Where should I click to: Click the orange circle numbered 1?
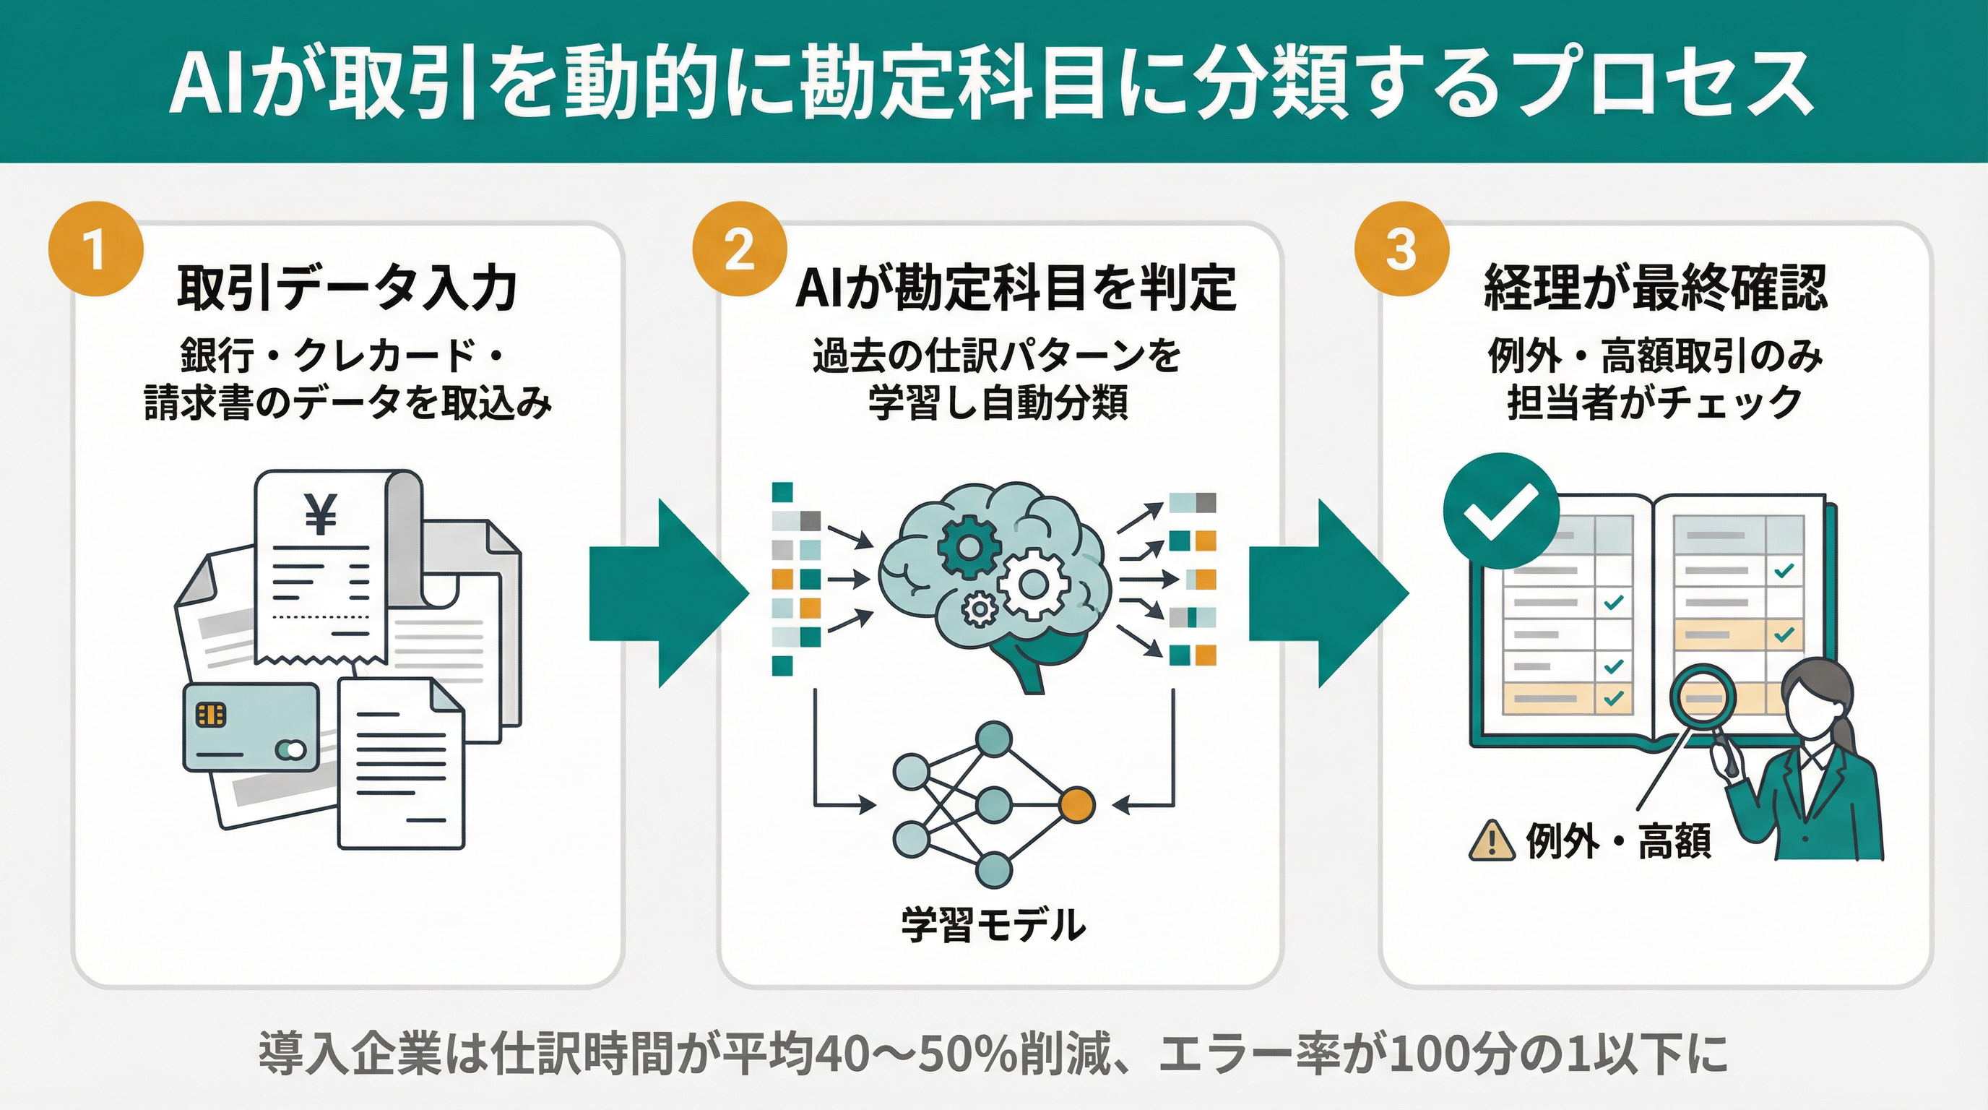pos(95,249)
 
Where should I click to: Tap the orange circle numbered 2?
pos(739,249)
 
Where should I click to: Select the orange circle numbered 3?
pos(1401,249)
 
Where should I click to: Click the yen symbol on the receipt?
pos(320,515)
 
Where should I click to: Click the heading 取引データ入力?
pos(347,288)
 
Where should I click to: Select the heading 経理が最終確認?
pos(1656,288)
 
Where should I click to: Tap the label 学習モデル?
pos(993,925)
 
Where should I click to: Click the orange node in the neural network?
pos(1077,805)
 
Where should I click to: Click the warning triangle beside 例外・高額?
pos(1491,839)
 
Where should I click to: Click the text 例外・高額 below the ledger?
pos(1618,840)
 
